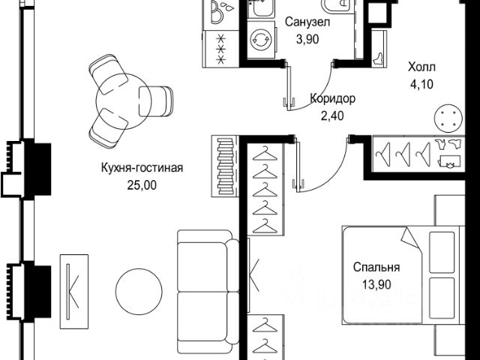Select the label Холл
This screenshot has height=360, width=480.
pos(419,65)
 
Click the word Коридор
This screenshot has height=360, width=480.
pos(333,99)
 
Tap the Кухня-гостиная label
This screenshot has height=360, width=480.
pos(142,167)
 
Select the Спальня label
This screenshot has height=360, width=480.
pos(376,267)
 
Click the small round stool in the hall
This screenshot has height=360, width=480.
pos(447,118)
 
